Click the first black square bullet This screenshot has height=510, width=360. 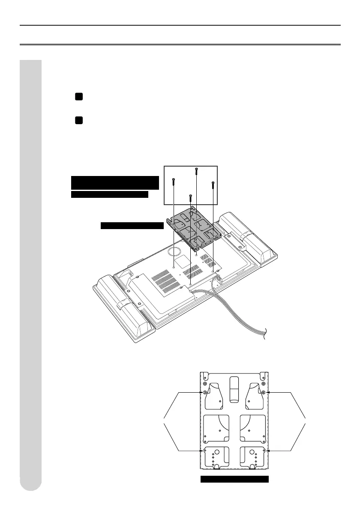pyautogui.click(x=78, y=98)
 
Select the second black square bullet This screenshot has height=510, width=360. pyautogui.click(x=78, y=120)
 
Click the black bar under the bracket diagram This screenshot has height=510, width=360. pyautogui.click(x=234, y=479)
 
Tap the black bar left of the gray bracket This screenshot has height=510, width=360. pyautogui.click(x=132, y=226)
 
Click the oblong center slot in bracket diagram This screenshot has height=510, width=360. pyautogui.click(x=234, y=388)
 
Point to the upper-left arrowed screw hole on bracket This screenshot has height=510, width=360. pyautogui.click(x=205, y=393)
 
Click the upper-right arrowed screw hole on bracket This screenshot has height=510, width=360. pyautogui.click(x=263, y=392)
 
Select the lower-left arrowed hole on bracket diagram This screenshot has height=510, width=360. pyautogui.click(x=205, y=451)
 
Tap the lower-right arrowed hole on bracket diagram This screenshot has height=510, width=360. pyautogui.click(x=263, y=451)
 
